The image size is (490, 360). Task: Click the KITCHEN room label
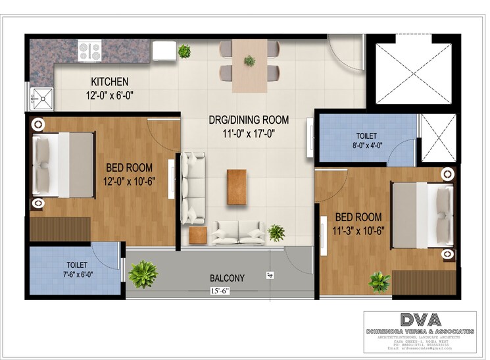(x=109, y=82)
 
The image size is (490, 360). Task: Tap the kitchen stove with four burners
(x=89, y=50)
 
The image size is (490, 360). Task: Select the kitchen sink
(x=41, y=99)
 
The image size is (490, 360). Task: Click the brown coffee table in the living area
(x=237, y=186)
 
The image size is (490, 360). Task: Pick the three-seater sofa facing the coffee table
(x=193, y=188)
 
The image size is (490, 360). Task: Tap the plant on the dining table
(x=249, y=61)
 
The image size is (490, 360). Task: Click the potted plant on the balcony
(x=143, y=274)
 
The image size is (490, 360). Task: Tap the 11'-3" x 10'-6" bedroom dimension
(x=359, y=230)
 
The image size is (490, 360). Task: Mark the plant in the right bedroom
(x=379, y=282)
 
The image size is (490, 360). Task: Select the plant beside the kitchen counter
(x=184, y=51)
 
